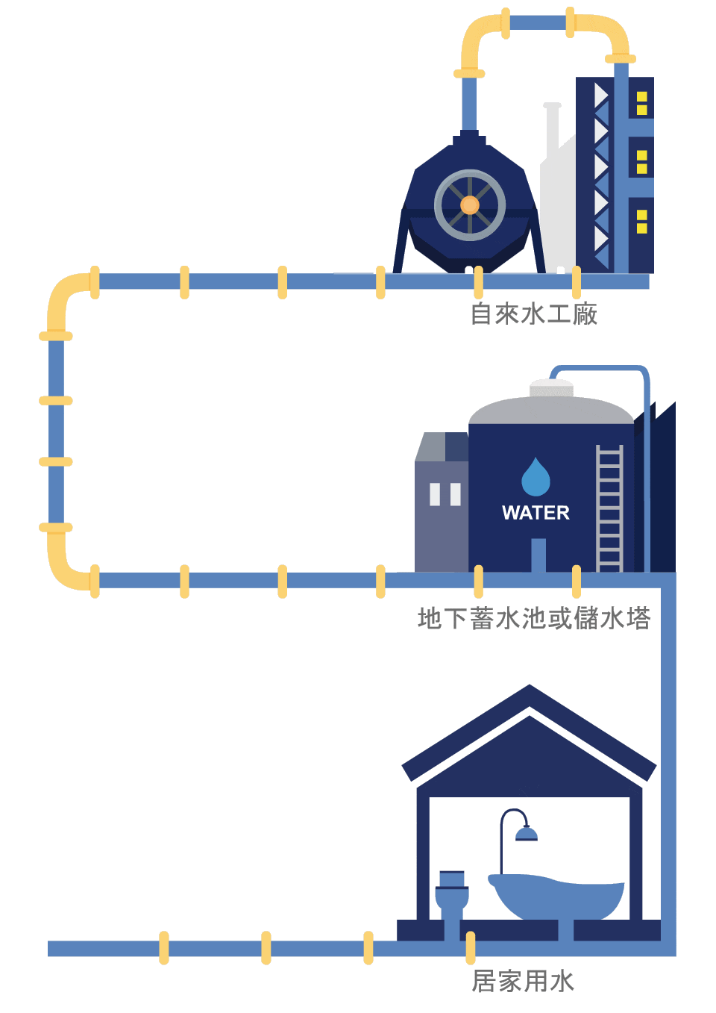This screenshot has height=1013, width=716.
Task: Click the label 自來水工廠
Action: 534,314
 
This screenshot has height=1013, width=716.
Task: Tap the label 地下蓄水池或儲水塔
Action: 534,619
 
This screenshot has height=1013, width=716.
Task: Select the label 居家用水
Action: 523,981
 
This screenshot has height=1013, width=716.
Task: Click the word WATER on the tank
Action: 536,513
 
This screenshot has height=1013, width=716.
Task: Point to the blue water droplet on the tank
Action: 536,479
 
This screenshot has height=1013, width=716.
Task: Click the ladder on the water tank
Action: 609,508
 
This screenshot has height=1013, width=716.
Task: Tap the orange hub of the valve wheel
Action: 470,205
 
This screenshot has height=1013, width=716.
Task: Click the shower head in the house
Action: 526,833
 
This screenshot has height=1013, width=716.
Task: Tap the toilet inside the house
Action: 452,894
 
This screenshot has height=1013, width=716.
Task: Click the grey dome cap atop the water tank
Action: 551,388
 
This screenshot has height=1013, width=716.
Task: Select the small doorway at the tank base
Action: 538,555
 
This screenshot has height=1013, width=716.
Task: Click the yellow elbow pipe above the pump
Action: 477,41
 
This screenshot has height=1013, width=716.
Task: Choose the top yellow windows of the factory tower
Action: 641,103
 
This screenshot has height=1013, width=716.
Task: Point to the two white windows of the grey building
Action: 445,494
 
